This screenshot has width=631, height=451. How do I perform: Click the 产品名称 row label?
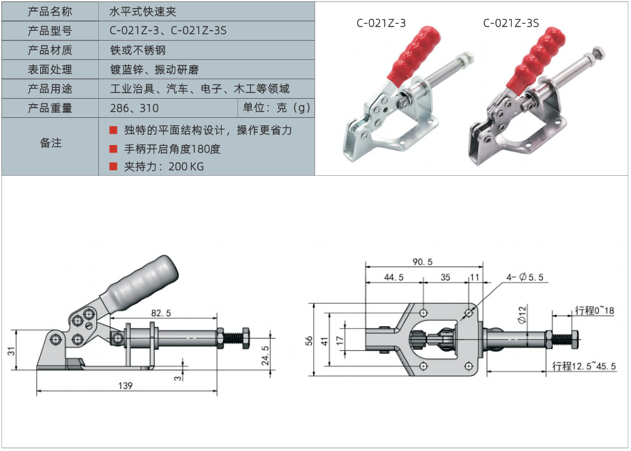pyautogui.click(x=50, y=12)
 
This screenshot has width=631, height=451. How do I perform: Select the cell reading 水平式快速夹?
pyautogui.click(x=143, y=12)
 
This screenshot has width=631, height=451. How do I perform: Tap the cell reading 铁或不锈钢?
pyautogui.click(x=138, y=50)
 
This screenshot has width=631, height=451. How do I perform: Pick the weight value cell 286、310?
pyautogui.click(x=134, y=108)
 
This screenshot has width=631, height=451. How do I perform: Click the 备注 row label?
pyautogui.click(x=50, y=142)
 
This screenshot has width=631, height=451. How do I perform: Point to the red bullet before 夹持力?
pyautogui.click(x=113, y=166)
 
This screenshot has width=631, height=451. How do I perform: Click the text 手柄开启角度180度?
pyautogui.click(x=172, y=149)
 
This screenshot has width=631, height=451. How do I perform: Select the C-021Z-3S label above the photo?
pyautogui.click(x=511, y=23)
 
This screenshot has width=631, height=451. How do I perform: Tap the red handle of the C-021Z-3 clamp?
pyautogui.click(x=413, y=55)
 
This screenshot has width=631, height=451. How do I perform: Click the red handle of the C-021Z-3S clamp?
pyautogui.click(x=536, y=58)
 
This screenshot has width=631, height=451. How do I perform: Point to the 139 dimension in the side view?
pyautogui.click(x=126, y=386)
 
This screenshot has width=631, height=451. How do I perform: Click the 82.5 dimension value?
pyautogui.click(x=161, y=313)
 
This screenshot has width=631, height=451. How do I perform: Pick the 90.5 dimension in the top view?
pyautogui.click(x=422, y=262)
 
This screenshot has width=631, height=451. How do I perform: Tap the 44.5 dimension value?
pyautogui.click(x=394, y=277)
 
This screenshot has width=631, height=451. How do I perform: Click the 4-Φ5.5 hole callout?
pyautogui.click(x=525, y=277)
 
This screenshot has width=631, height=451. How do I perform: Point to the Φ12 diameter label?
pyautogui.click(x=522, y=314)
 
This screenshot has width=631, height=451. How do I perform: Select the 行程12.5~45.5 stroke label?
pyautogui.click(x=584, y=367)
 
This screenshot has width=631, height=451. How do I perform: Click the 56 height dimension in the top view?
pyautogui.click(x=308, y=341)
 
